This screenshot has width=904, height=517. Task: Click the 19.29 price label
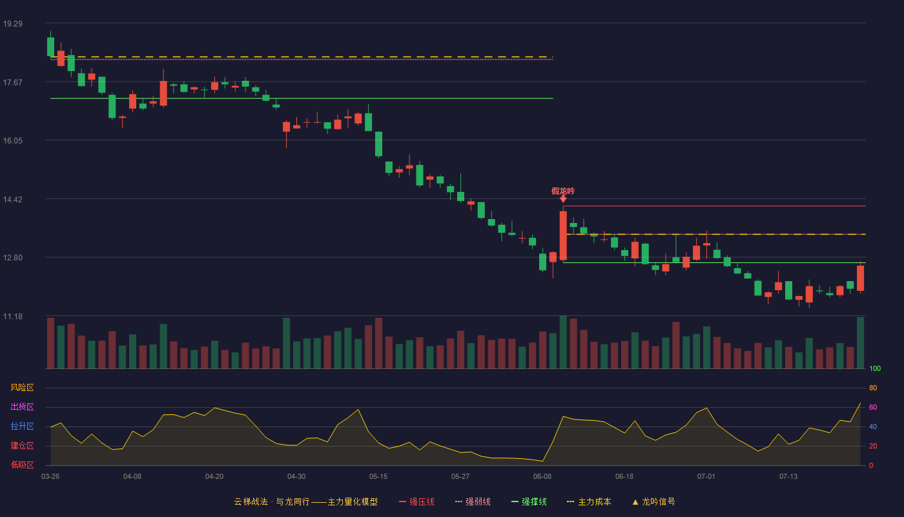13,24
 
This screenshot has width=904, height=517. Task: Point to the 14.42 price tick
13,200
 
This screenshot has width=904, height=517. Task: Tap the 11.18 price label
13,317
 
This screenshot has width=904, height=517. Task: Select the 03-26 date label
50,477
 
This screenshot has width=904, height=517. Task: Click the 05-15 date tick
378,477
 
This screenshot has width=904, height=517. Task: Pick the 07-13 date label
788,477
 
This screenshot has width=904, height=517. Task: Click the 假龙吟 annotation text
563,191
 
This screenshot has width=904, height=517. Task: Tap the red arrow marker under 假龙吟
563,199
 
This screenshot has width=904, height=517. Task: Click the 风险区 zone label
22,388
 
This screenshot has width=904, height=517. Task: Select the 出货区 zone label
22,406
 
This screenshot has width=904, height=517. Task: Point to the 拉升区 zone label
22,426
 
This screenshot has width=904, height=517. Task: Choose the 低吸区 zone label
22,465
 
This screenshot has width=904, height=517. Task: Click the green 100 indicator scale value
875,368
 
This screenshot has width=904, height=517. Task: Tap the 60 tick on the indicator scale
873,407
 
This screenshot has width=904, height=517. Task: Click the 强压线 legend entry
416,501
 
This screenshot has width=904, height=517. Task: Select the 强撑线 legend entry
529,501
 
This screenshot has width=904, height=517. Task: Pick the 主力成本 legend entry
589,501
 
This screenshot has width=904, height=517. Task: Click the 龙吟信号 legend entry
653,501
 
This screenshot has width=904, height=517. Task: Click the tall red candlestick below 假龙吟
563,235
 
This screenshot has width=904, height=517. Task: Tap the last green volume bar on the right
860,343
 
